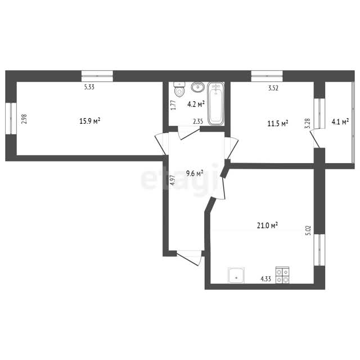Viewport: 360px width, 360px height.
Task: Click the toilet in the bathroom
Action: tap(179, 89)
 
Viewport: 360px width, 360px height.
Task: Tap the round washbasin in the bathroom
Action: tap(197, 87)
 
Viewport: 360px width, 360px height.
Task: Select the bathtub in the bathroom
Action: tap(215, 103)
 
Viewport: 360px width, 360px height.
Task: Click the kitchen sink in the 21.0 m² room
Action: tap(236, 275)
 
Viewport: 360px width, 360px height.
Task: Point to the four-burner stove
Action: tap(282, 275)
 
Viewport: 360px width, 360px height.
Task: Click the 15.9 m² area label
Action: tap(90, 121)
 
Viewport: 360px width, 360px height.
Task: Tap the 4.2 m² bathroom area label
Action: tap(196, 104)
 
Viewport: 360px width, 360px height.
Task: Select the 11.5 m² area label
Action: tap(278, 124)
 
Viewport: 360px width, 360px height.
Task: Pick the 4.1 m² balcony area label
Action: tap(340, 121)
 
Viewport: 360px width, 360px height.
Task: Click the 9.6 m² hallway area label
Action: tap(195, 173)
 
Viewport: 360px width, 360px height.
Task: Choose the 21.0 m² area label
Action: tap(268, 226)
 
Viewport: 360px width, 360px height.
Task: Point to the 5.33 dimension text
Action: tap(89, 87)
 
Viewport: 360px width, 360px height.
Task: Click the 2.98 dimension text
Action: tap(24, 119)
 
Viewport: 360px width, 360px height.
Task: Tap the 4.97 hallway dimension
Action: tap(173, 180)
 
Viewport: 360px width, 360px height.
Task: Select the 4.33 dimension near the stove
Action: tap(265, 279)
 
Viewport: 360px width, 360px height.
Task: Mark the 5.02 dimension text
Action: tap(308, 230)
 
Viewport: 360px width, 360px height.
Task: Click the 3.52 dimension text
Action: tap(273, 88)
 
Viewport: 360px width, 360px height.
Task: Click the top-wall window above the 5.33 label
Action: tap(97, 76)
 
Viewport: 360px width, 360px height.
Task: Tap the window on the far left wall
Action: tap(11, 119)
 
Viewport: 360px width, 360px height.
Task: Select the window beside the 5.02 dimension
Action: tap(319, 250)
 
